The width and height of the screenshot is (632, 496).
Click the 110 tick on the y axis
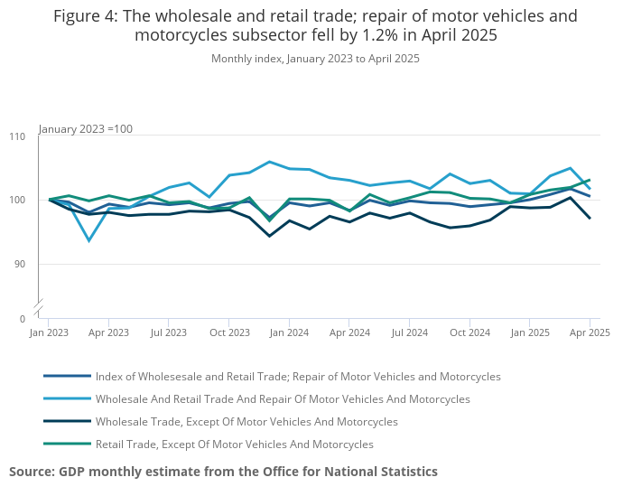(x=17, y=136)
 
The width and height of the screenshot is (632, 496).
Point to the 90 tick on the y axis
(x=19, y=264)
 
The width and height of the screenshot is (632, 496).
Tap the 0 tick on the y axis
(x=23, y=319)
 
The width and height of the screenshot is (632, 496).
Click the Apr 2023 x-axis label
(x=108, y=332)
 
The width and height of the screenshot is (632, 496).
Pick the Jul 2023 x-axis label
(x=169, y=332)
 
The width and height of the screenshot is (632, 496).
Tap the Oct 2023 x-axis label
(x=229, y=332)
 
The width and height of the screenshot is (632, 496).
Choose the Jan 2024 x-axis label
(x=289, y=332)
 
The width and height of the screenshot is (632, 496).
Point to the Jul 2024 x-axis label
(x=410, y=332)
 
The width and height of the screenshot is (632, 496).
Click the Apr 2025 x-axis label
(x=589, y=332)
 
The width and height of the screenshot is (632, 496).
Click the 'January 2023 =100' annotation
(x=86, y=129)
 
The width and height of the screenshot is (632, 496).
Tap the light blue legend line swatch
(x=67, y=399)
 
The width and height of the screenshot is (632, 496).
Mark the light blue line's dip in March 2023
(x=88, y=240)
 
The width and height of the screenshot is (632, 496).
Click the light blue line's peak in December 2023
(x=269, y=162)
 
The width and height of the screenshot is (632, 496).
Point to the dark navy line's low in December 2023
(x=269, y=236)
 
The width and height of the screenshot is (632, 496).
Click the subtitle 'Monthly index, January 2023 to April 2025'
(x=315, y=59)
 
